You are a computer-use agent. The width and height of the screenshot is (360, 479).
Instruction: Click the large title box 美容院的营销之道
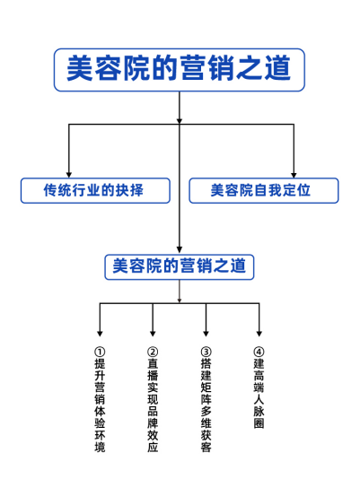click(x=180, y=70)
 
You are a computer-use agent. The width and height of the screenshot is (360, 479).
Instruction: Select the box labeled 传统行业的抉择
click(x=95, y=191)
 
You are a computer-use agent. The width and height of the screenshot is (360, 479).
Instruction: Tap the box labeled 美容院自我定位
click(x=264, y=191)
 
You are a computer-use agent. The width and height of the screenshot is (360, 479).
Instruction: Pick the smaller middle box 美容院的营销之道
click(x=180, y=267)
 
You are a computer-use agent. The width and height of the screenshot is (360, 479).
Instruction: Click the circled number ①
click(x=100, y=352)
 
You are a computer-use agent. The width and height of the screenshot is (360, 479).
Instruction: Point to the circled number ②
click(x=153, y=352)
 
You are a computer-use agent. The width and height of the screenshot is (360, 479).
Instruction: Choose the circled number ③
click(x=206, y=352)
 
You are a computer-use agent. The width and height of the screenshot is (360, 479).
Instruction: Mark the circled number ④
click(x=259, y=352)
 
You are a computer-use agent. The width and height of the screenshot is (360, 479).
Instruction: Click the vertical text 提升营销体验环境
click(x=100, y=405)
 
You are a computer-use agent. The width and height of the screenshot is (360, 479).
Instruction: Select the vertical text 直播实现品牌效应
click(x=153, y=405)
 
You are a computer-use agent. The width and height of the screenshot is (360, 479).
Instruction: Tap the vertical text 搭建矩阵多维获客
click(x=206, y=405)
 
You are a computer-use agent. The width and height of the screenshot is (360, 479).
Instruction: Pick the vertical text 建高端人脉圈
click(x=259, y=394)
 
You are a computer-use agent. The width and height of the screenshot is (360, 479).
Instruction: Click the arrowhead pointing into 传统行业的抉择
click(x=69, y=175)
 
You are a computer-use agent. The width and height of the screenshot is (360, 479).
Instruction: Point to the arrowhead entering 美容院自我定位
click(x=294, y=175)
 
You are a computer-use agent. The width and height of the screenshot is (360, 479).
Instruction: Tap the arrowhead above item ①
click(x=100, y=334)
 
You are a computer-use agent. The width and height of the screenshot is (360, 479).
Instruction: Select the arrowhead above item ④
click(x=259, y=334)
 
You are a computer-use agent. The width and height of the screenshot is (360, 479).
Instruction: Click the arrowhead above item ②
click(x=153, y=334)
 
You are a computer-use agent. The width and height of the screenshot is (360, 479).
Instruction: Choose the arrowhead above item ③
click(x=206, y=334)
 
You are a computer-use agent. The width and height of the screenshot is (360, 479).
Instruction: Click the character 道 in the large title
click(x=277, y=68)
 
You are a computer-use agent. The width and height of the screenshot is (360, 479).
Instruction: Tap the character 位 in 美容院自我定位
click(x=303, y=190)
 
